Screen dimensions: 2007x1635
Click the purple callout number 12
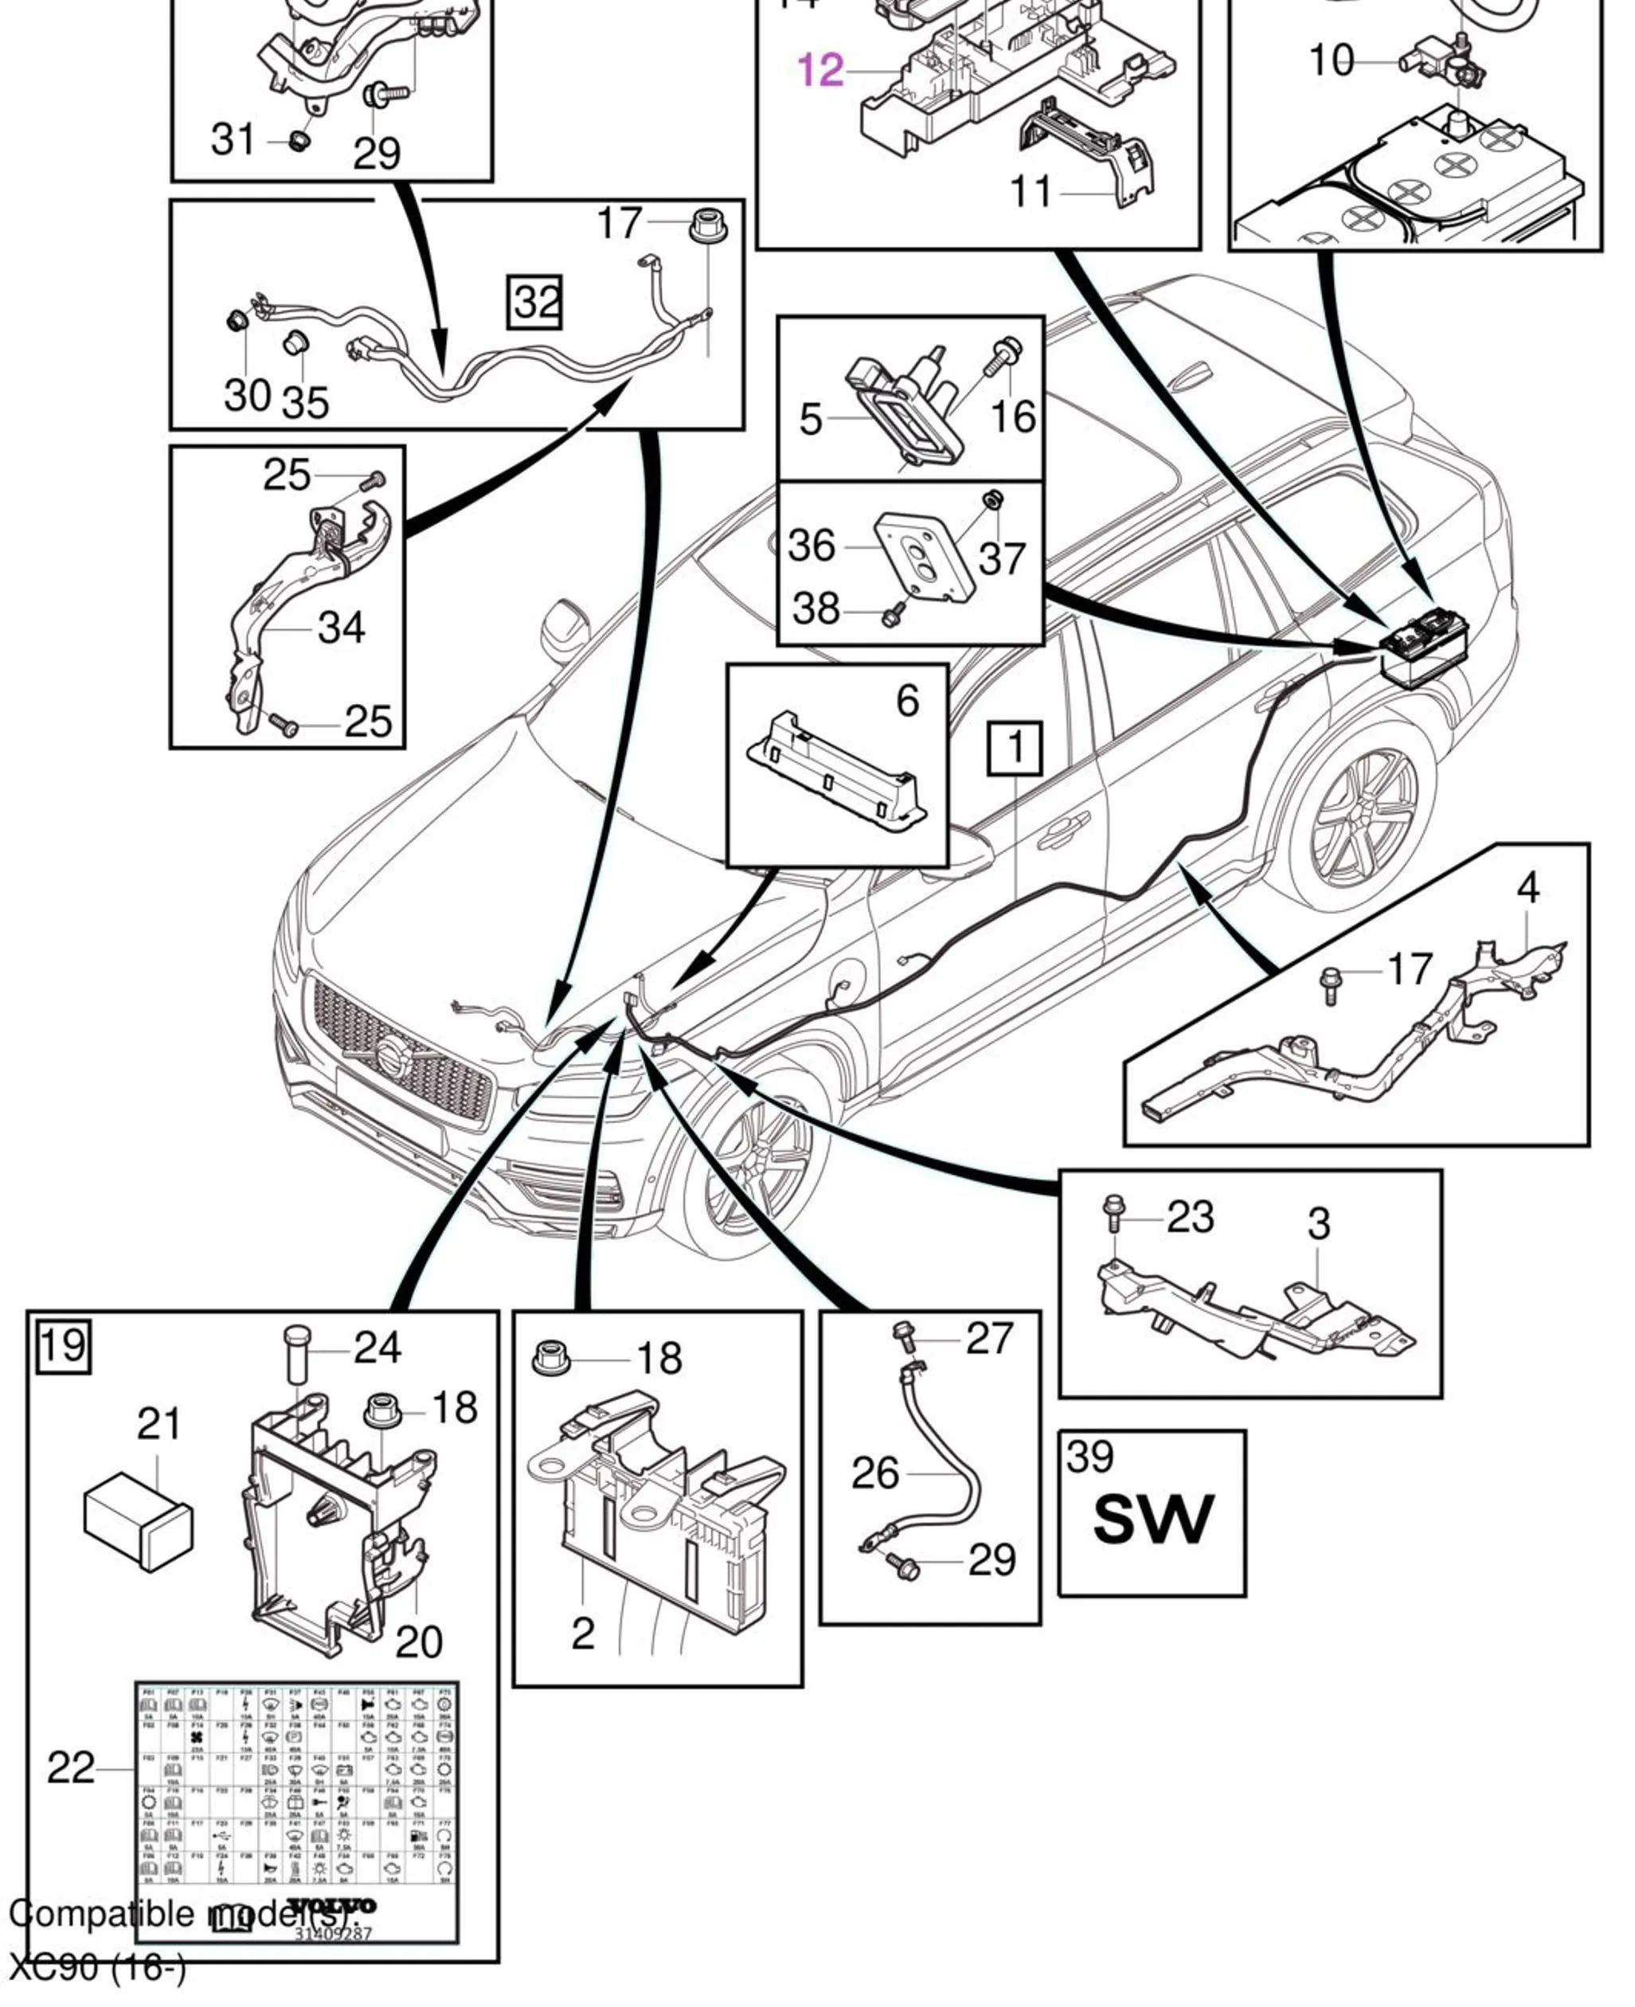[x=820, y=71]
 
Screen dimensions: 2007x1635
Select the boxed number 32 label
[x=535, y=303]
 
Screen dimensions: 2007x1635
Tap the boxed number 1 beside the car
[x=1015, y=749]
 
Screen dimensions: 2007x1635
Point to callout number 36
[x=811, y=546]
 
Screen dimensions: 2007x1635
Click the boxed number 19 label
[x=63, y=1346]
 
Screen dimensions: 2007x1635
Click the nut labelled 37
[x=990, y=499]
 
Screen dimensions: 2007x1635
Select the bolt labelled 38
[x=891, y=615]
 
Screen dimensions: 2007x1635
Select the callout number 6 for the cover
[x=906, y=701]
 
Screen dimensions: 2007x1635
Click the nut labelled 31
[x=300, y=141]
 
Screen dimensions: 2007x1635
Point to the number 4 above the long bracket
[x=1527, y=888]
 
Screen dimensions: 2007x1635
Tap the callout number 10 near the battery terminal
[x=1331, y=61]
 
